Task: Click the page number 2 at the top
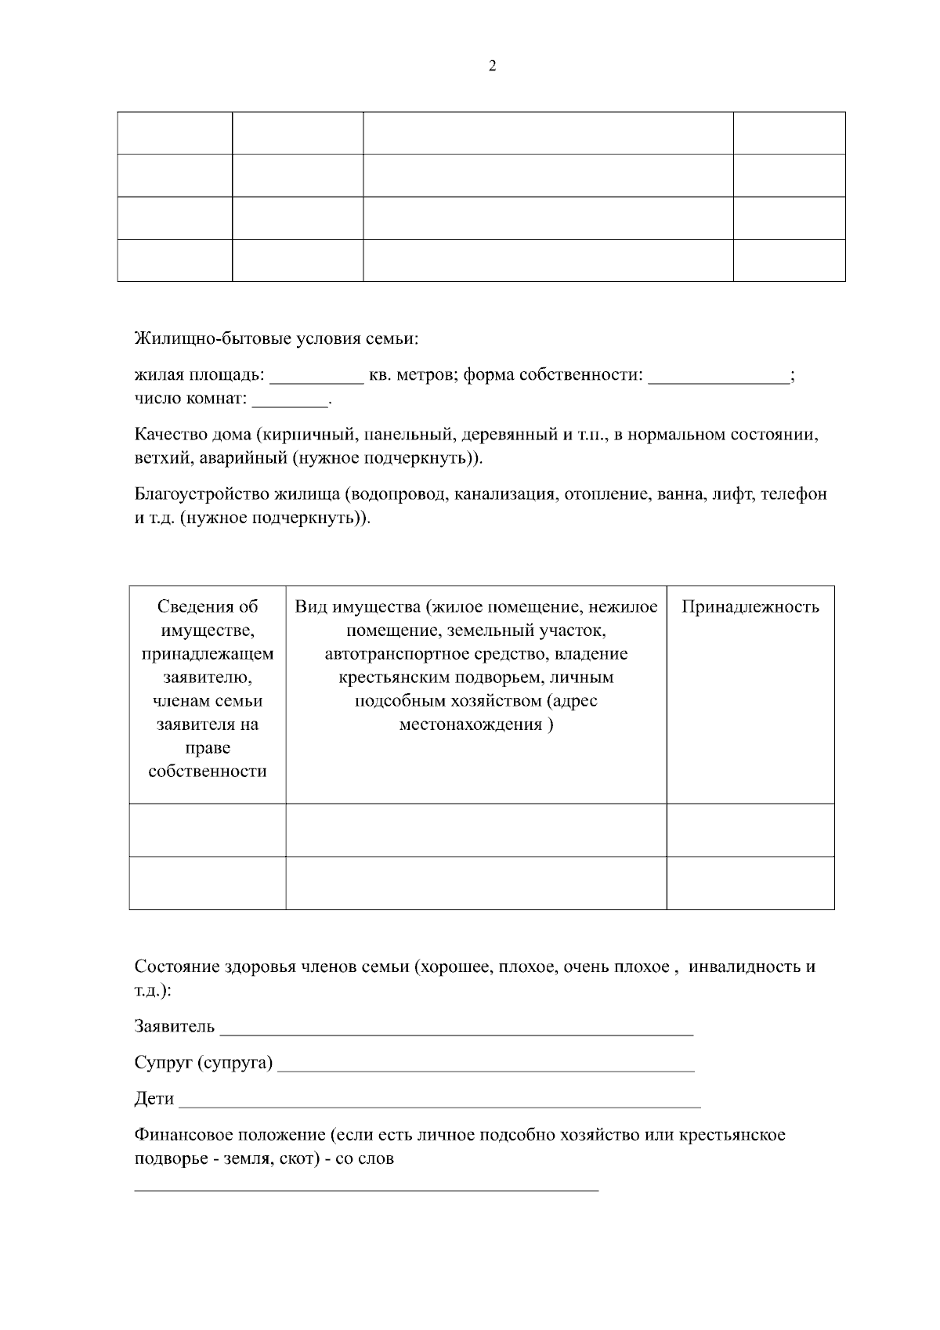click(492, 66)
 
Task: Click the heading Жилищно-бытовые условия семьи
click(277, 339)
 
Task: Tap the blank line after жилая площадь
click(316, 381)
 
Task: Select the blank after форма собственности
click(718, 381)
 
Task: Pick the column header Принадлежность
click(750, 606)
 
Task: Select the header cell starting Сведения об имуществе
click(208, 688)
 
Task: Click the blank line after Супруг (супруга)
click(486, 1068)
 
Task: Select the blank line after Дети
click(439, 1105)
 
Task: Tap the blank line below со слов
click(366, 1188)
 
